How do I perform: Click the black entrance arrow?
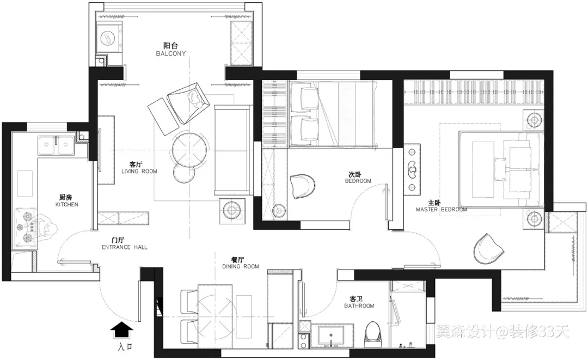[121, 331]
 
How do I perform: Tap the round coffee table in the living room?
[189, 150]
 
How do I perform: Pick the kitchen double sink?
[56, 145]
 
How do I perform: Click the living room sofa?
[232, 150]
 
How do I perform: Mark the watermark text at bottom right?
[503, 332]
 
